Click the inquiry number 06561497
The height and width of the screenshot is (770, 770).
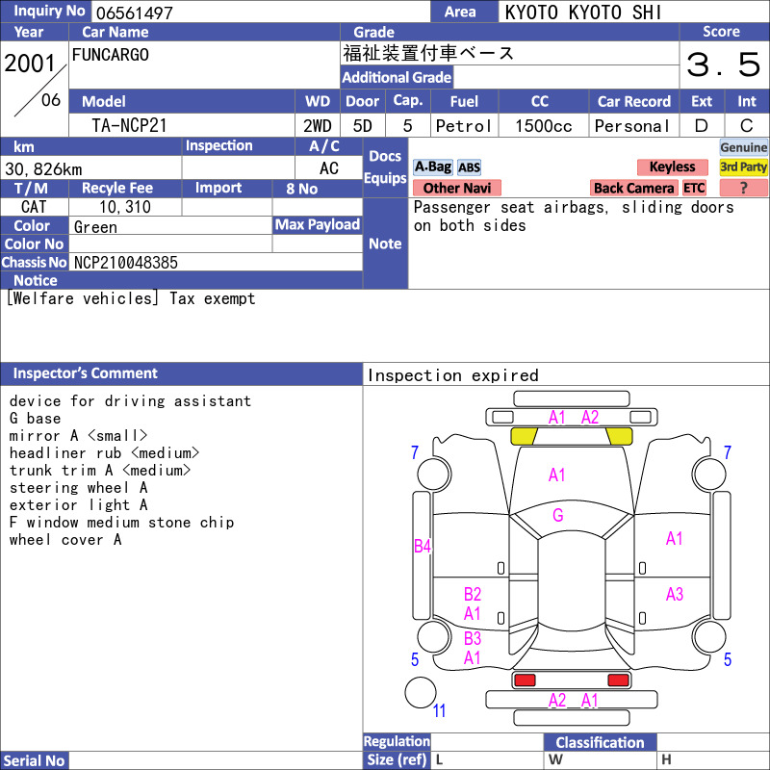point(135,13)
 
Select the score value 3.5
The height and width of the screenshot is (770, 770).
point(724,64)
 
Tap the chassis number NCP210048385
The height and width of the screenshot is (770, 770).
point(126,263)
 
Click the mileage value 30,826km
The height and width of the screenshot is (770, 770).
point(43,169)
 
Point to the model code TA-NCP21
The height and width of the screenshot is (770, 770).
point(129,126)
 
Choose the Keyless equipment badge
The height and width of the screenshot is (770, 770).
point(672,167)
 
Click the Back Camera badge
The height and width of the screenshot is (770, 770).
point(634,188)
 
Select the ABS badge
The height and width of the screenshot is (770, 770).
point(469,167)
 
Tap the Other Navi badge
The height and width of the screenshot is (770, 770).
point(456,188)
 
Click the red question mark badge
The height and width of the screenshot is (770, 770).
point(743,188)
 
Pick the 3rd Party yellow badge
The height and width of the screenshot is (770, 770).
point(743,167)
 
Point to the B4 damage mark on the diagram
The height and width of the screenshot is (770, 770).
point(423,546)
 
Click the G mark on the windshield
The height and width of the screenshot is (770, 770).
point(558,515)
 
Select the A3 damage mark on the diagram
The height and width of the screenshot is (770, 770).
point(675,594)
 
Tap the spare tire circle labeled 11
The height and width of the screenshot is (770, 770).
point(421,692)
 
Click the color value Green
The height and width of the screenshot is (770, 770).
point(95,227)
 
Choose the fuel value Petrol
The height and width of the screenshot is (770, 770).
point(464,126)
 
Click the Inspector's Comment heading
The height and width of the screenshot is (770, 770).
point(86,373)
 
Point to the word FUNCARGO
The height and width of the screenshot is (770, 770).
point(111,55)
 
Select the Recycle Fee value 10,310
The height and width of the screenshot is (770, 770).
point(125,207)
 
